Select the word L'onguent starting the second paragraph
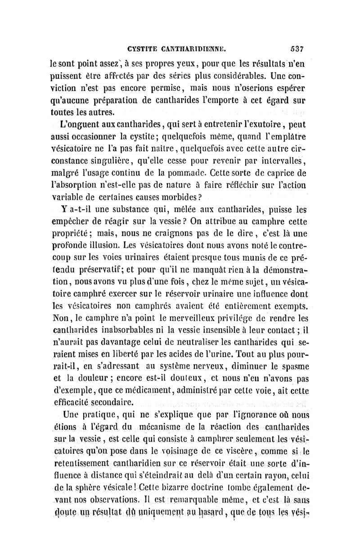click(x=81, y=123)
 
